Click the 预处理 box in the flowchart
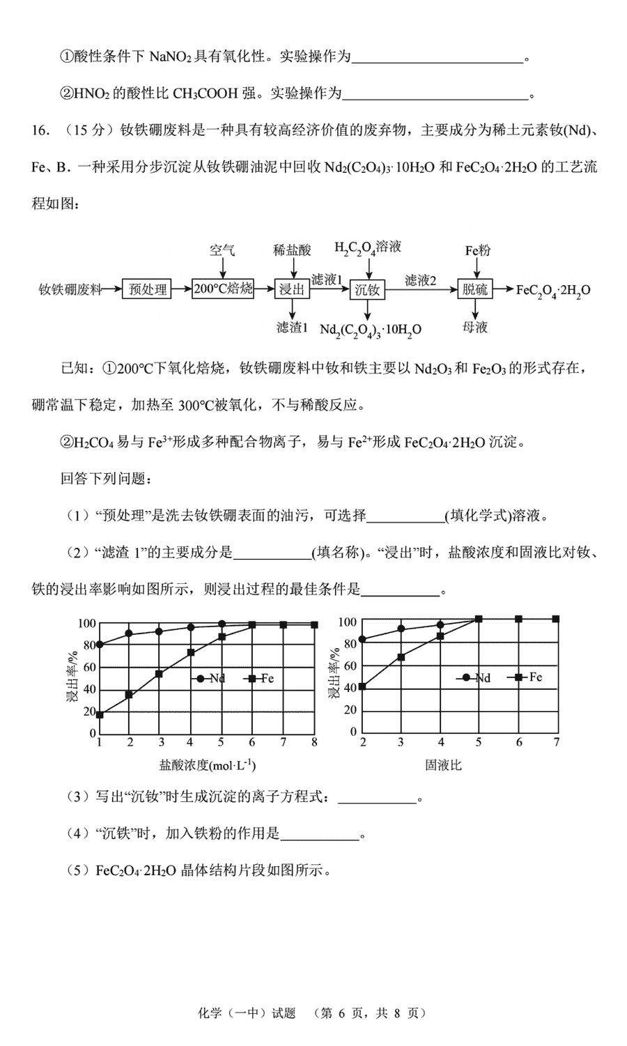click(x=148, y=289)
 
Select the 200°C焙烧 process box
click(x=223, y=289)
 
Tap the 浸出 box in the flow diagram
click(x=292, y=289)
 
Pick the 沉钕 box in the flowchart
click(x=367, y=289)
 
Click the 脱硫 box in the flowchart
click(x=475, y=289)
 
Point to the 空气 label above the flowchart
click(x=222, y=249)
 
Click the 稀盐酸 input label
click(x=292, y=249)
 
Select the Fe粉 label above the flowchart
click(x=477, y=249)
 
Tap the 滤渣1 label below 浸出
click(x=292, y=327)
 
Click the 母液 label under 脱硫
click(x=475, y=327)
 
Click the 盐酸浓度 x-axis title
click(x=208, y=765)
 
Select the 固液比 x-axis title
click(x=444, y=765)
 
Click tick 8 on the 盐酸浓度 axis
click(x=315, y=743)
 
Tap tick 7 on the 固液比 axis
click(x=557, y=743)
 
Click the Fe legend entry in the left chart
click(x=261, y=678)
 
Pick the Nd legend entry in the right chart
click(x=475, y=678)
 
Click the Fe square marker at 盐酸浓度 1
click(x=100, y=715)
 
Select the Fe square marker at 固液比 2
click(x=362, y=687)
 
